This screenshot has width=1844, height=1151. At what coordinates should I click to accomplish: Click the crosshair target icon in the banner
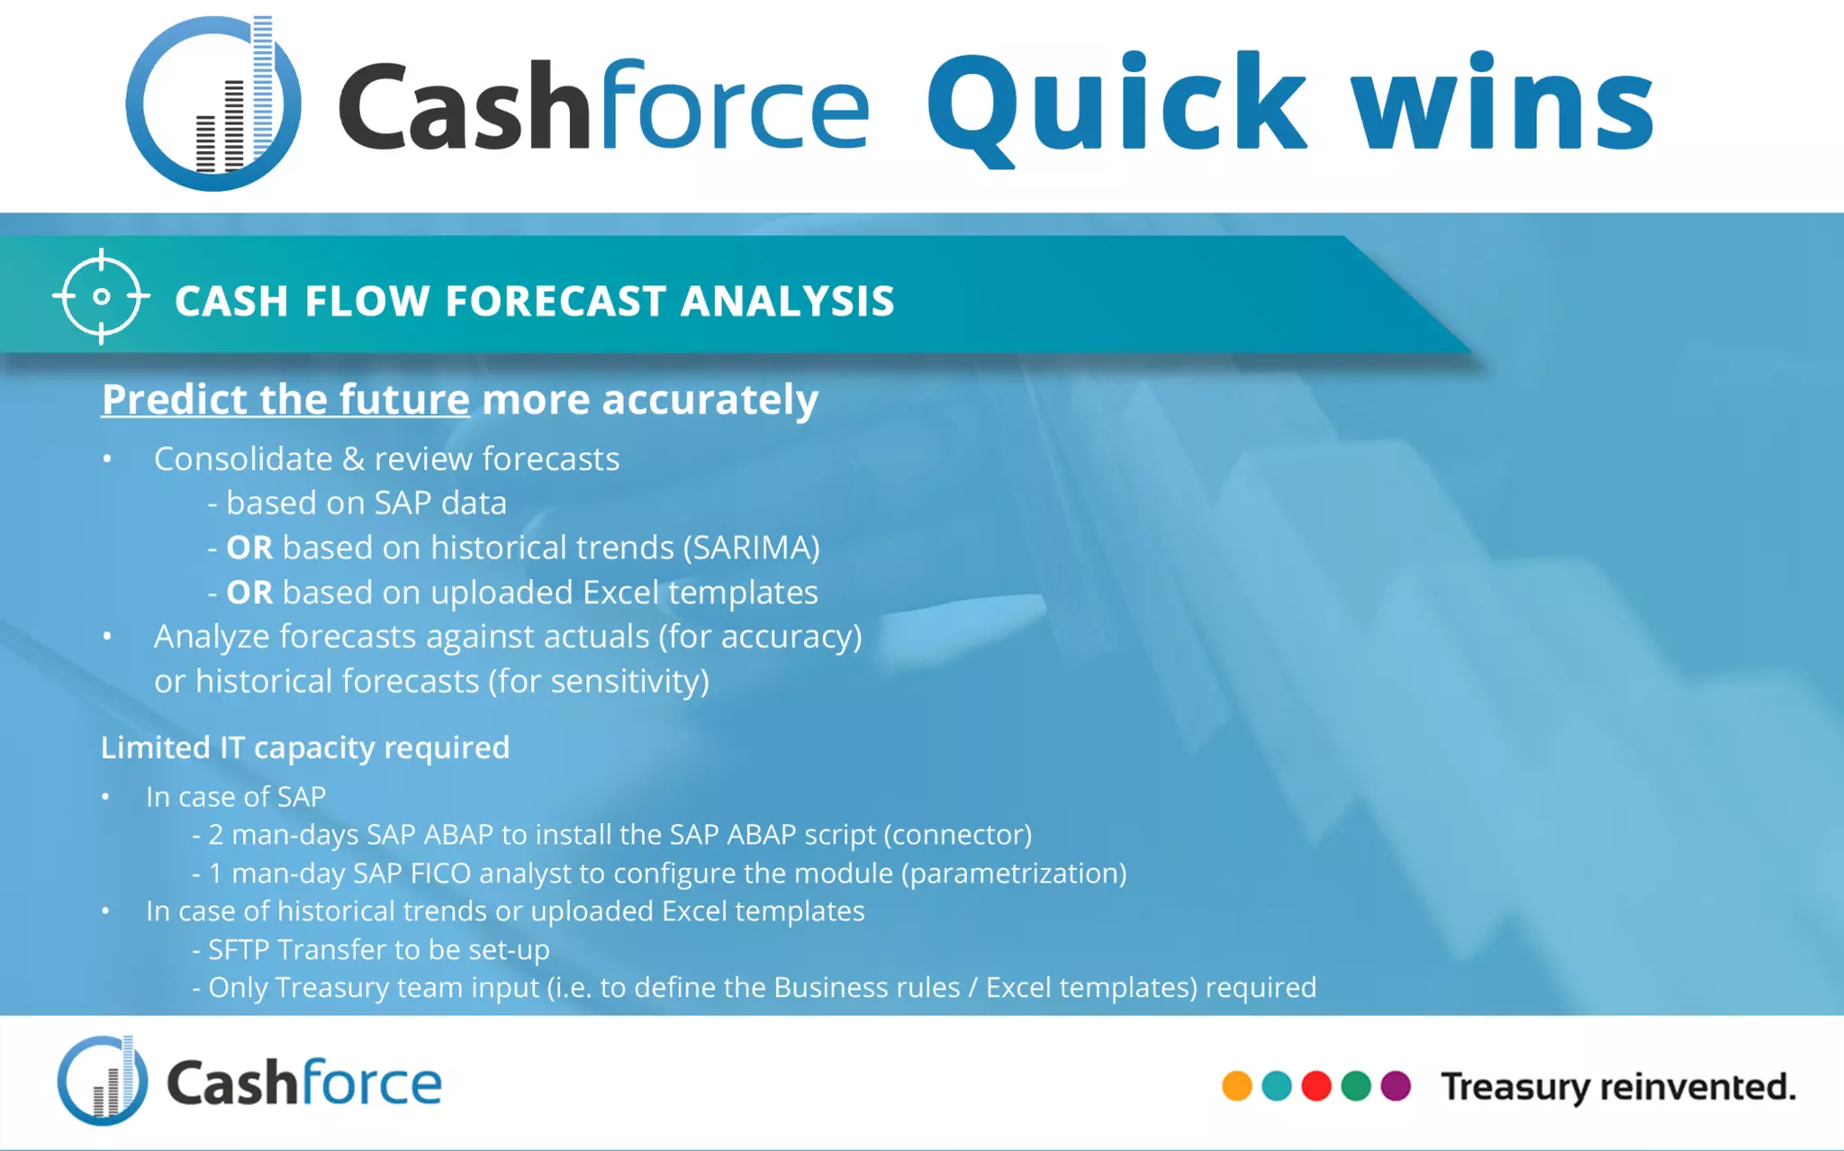101,296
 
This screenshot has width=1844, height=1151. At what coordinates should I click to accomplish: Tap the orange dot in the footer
1236,1085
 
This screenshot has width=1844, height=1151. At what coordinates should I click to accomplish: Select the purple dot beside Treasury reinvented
1395,1085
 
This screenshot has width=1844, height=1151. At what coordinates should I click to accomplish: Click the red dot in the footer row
1315,1085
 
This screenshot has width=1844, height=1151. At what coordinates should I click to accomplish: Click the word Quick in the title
1115,105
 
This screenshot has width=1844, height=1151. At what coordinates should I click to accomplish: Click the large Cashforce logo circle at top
213,104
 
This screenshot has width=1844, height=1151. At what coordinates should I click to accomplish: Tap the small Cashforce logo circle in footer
102,1081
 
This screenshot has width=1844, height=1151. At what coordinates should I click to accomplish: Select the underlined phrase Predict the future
285,399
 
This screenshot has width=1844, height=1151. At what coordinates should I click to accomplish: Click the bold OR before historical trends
249,548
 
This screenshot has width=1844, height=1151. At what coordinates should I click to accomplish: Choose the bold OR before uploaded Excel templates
249,593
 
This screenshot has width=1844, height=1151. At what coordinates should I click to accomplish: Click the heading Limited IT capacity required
305,748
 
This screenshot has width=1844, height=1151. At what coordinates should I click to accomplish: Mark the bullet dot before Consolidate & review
107,459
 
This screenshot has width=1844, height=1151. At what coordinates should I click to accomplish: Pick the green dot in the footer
1355,1085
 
